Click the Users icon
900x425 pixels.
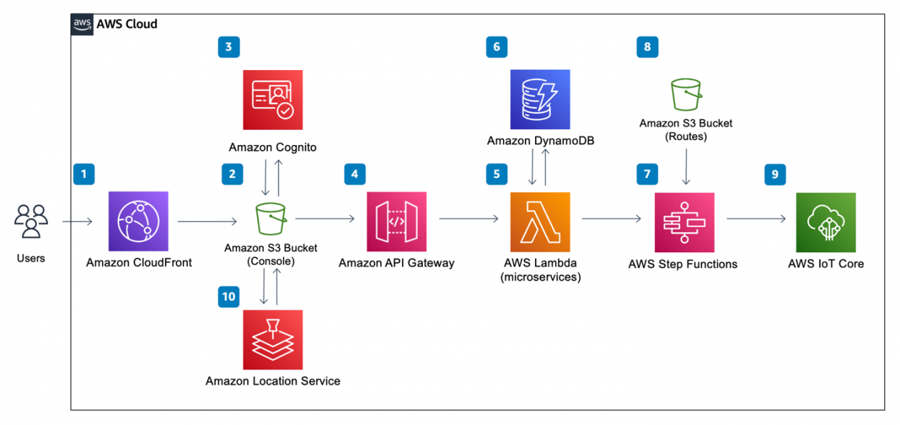31,221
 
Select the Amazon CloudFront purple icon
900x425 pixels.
139,221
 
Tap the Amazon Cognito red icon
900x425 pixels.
273,99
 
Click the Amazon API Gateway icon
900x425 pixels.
396,221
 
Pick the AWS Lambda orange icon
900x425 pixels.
541,221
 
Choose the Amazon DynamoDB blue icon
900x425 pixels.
540,99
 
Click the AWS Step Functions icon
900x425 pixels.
684,221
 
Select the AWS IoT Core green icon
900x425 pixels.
826,221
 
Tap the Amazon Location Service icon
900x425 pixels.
273,340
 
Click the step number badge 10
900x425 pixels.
229,298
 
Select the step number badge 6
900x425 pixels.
496,48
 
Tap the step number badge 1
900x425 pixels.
84,174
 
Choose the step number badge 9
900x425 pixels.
775,174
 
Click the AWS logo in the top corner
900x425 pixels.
82,24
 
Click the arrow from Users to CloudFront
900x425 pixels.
77,222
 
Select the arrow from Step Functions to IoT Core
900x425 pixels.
756,221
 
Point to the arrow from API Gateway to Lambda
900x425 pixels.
469,221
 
